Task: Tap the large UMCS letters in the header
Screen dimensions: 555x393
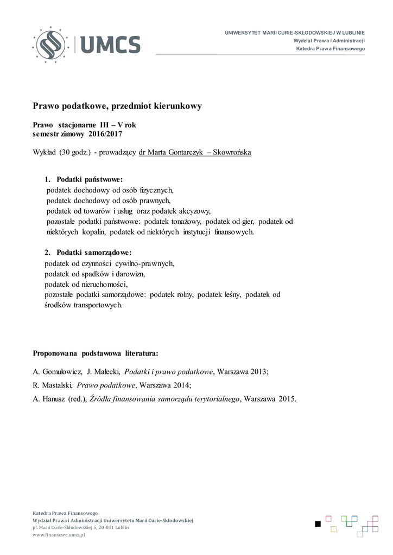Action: tap(111, 44)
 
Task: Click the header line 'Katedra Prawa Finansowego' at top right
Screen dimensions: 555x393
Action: tap(330, 49)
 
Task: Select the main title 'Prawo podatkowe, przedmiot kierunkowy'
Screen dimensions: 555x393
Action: tap(117, 106)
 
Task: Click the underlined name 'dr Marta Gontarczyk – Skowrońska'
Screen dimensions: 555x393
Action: tap(195, 152)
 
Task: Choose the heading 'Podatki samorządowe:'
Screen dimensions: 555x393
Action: tap(94, 253)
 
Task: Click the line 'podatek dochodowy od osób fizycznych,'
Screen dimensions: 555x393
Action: tap(110, 190)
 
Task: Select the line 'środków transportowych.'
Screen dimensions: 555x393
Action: tap(84, 305)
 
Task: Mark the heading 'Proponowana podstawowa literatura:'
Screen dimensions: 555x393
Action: tap(96, 353)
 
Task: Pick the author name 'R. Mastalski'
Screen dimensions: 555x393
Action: tap(53, 385)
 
